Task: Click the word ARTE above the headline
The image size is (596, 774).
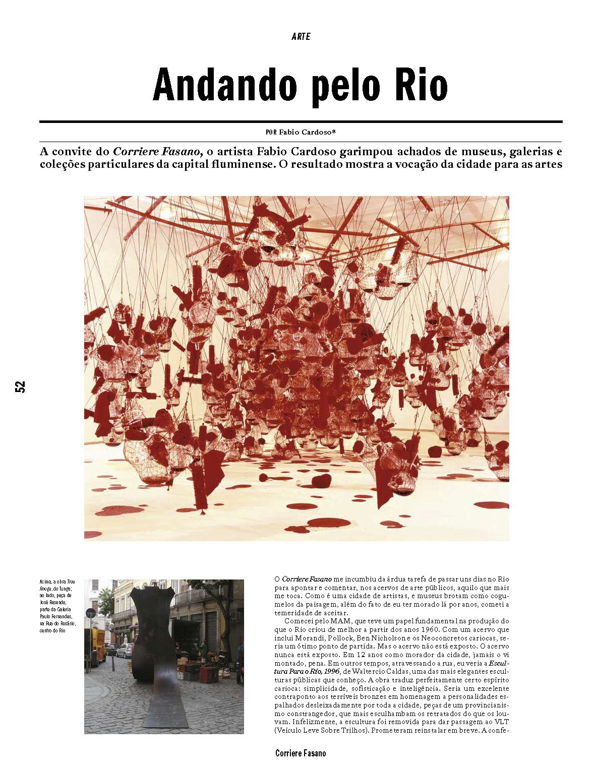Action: [301, 37]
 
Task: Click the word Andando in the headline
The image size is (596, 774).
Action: [224, 85]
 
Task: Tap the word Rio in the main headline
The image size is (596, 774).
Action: [421, 85]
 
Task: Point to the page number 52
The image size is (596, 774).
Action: [20, 386]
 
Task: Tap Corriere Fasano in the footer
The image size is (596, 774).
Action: [301, 753]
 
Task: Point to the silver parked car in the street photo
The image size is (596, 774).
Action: [125, 651]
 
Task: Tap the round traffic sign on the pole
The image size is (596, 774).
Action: [91, 613]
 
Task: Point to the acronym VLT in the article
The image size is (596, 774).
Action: [502, 722]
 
